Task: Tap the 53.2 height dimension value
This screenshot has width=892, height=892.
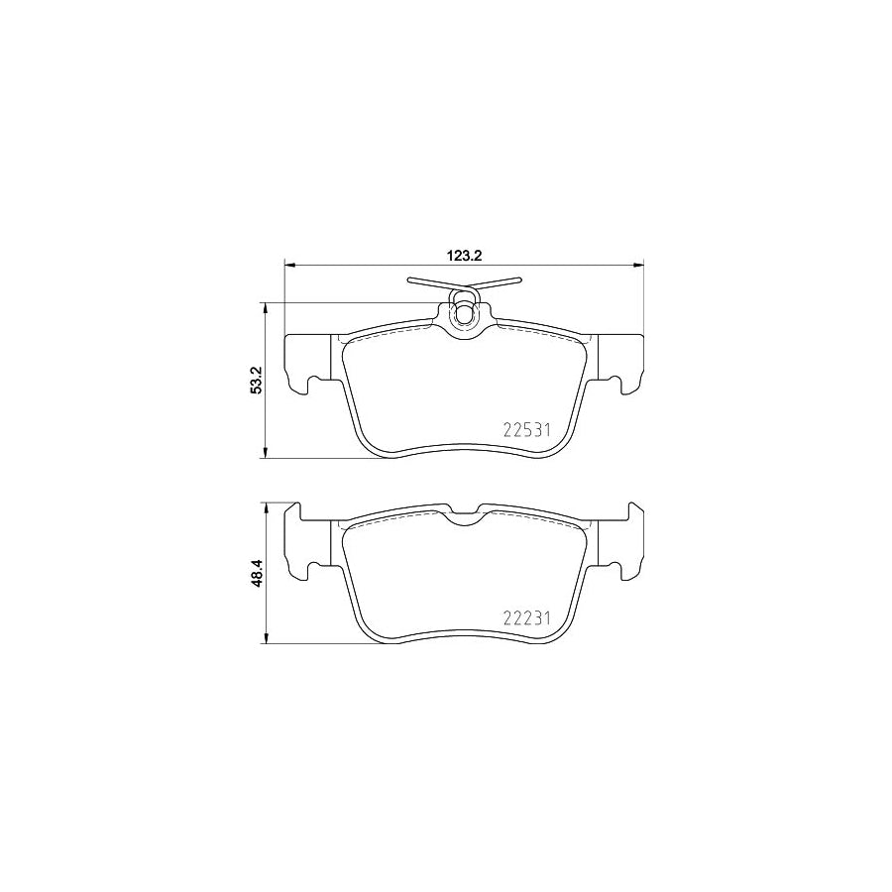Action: (x=256, y=381)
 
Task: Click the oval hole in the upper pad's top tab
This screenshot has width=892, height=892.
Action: (x=464, y=315)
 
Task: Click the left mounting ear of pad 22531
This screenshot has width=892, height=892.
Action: (x=307, y=362)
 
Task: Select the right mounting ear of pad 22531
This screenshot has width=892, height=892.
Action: (x=620, y=362)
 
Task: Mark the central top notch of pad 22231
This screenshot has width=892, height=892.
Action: (x=464, y=513)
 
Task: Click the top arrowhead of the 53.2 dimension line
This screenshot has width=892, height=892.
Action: (x=265, y=307)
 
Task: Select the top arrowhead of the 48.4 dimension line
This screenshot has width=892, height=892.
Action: (x=265, y=505)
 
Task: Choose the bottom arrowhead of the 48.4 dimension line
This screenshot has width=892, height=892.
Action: (x=265, y=639)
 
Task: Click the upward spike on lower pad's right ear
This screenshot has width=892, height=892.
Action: (x=631, y=508)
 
